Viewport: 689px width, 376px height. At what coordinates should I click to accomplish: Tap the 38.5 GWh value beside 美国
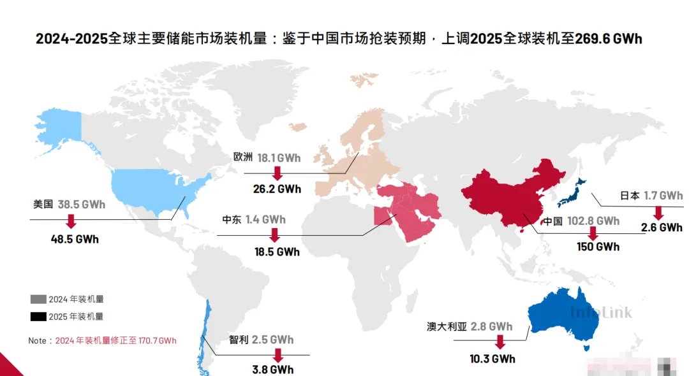click(82, 205)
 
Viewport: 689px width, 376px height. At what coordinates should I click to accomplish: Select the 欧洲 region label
click(243, 157)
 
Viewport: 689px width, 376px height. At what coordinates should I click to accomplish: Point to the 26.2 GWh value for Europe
click(277, 189)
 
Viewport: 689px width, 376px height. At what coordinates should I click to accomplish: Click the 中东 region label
click(232, 220)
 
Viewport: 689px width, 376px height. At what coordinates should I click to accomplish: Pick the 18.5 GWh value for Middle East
click(277, 252)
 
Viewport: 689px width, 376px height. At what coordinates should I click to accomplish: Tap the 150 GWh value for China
click(598, 247)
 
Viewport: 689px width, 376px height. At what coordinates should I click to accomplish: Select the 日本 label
click(630, 196)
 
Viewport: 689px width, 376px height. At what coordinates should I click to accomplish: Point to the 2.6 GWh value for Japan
click(662, 228)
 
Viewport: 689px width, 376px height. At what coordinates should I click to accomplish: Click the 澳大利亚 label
click(447, 326)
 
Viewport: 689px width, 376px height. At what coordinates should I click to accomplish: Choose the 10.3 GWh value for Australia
click(493, 359)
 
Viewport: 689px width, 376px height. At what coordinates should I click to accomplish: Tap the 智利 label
click(238, 340)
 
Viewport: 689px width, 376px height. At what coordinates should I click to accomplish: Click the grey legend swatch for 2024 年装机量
click(38, 299)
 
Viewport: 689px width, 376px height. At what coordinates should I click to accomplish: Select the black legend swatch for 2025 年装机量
click(38, 316)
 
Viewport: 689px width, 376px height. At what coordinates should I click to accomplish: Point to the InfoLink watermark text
click(601, 312)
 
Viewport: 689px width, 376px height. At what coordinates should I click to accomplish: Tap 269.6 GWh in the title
click(608, 39)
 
